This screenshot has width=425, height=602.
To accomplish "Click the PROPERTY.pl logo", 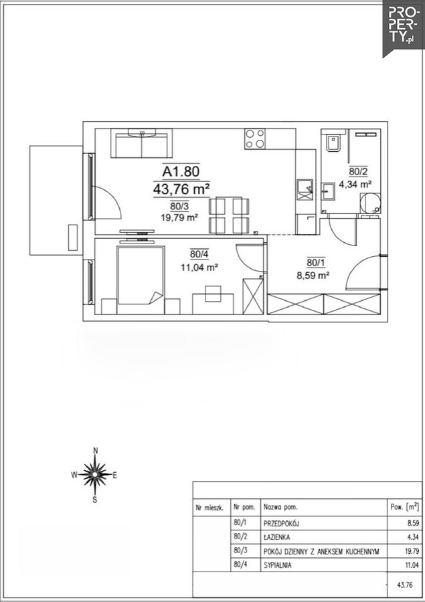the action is click(404, 28).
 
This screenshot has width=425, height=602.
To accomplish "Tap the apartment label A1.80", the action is click(181, 171).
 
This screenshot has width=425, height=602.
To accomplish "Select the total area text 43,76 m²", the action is click(181, 189).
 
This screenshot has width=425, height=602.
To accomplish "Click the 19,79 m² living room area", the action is click(179, 217).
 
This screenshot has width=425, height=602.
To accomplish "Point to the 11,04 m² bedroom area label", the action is click(200, 268).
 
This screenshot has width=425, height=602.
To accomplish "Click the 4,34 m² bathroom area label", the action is click(355, 185).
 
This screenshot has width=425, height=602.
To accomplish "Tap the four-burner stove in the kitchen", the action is click(255, 138).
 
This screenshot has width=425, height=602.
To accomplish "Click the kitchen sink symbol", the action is click(305, 191).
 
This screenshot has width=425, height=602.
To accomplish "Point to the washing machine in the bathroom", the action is click(370, 203).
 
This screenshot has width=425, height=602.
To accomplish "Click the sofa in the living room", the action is click(141, 143).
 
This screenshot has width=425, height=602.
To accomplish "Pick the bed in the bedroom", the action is click(141, 276).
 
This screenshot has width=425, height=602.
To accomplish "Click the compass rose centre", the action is click(95, 475).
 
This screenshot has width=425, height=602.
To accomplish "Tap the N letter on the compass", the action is click(96, 451).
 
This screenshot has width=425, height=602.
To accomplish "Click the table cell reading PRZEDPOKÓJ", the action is click(281, 523).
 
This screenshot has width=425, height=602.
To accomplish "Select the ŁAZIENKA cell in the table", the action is click(276, 537).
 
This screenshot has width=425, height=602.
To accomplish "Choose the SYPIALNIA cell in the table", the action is click(278, 565).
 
